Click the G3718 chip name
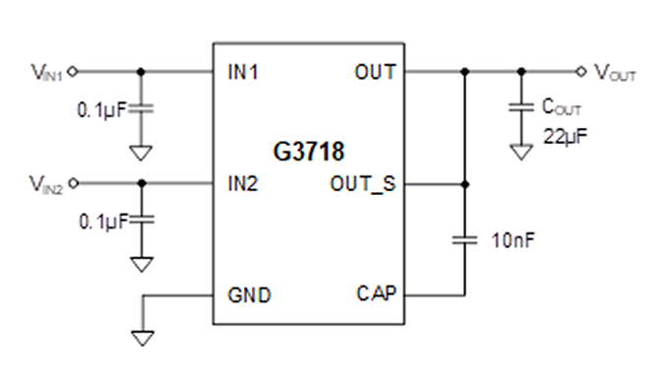(x=308, y=152)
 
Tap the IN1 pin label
(x=243, y=72)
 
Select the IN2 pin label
(x=243, y=183)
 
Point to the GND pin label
(x=249, y=294)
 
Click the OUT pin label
(x=375, y=72)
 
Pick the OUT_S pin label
(x=363, y=184)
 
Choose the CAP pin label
(x=377, y=294)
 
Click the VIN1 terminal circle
(x=73, y=72)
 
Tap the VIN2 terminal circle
(x=74, y=183)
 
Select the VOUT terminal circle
(x=581, y=72)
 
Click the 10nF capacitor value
(x=513, y=240)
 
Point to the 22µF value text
(x=565, y=136)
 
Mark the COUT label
(x=562, y=106)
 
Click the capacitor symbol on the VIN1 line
(x=142, y=108)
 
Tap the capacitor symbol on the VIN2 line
(x=142, y=220)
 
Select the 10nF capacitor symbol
(x=465, y=240)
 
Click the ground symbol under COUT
(x=521, y=152)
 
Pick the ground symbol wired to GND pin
(x=143, y=338)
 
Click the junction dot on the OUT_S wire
(x=465, y=184)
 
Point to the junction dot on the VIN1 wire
(x=142, y=72)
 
